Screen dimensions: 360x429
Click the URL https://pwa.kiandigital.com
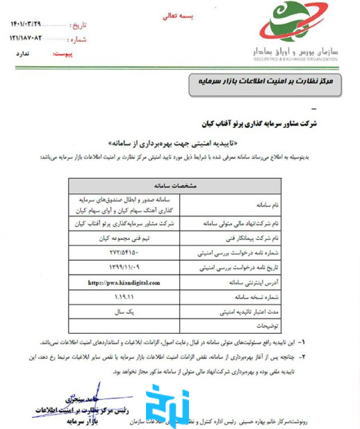(x=124, y=283)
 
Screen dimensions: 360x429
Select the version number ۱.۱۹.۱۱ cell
(x=124, y=297)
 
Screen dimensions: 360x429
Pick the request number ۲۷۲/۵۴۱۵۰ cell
(x=124, y=252)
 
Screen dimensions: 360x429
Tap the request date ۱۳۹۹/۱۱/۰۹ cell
(x=124, y=268)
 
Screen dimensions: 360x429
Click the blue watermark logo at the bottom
(x=167, y=405)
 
